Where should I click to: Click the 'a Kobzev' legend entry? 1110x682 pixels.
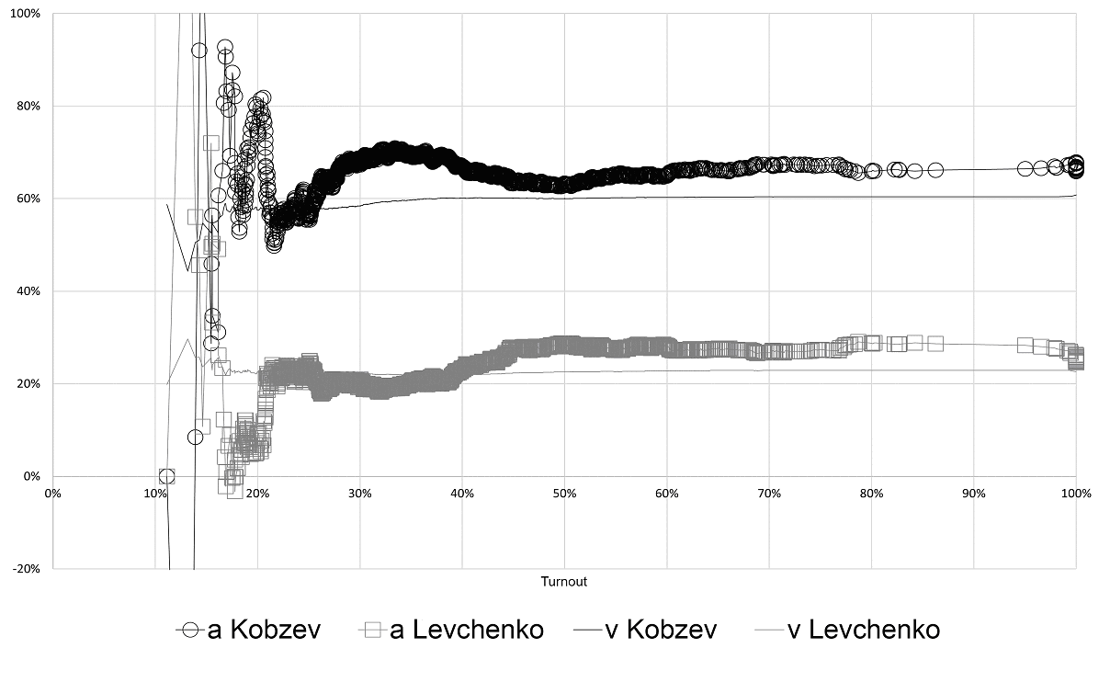(248, 630)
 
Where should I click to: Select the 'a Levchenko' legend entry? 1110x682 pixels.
(450, 630)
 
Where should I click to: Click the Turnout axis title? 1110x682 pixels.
(564, 582)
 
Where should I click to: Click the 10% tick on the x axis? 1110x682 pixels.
(155, 494)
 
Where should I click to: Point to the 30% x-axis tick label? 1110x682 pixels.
(360, 494)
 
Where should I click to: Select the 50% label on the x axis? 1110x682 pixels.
(564, 494)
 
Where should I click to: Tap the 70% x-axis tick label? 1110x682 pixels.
(769, 494)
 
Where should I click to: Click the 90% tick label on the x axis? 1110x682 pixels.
(974, 494)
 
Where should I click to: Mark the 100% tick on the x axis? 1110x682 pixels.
(1075, 494)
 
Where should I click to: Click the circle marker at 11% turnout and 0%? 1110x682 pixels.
(166, 476)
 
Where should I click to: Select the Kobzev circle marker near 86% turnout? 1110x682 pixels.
(935, 170)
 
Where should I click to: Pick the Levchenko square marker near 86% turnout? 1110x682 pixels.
(935, 344)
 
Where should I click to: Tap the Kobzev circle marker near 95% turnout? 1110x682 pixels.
(1025, 169)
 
